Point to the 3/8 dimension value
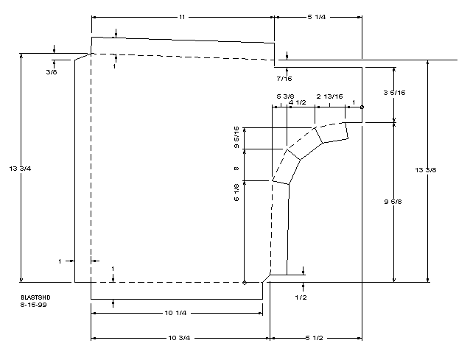point(51,72)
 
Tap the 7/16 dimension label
point(283,78)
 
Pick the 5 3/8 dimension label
point(285,96)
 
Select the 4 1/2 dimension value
point(297,103)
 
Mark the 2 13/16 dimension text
point(329,96)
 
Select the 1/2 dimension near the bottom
point(301,297)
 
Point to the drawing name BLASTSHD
point(35,297)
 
